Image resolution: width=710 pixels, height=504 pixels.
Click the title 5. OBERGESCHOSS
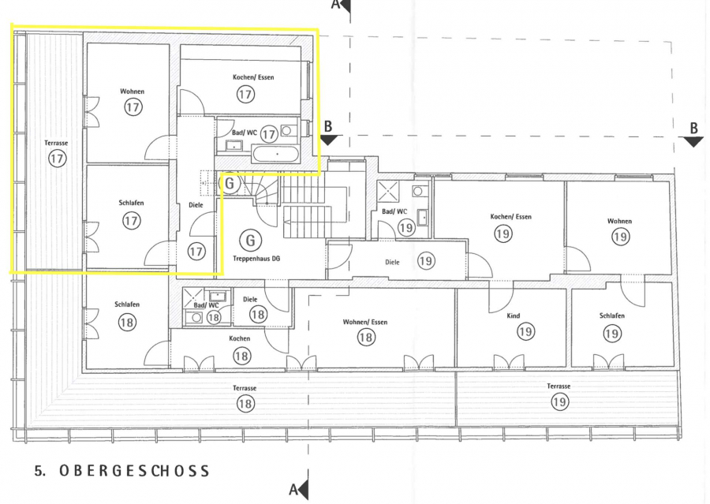(x=121, y=471)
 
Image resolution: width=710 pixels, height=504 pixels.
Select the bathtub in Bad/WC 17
(x=276, y=155)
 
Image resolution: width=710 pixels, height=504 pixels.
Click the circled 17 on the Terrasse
(x=57, y=159)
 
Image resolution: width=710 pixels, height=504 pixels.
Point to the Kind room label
(x=513, y=315)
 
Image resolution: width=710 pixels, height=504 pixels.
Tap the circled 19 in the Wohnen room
(x=620, y=237)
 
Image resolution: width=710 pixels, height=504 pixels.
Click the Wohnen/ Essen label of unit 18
(x=365, y=323)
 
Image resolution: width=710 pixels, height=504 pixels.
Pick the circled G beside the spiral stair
(x=230, y=184)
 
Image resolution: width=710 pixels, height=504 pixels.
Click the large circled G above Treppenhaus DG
(x=250, y=240)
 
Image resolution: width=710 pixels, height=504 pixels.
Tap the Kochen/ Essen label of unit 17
(x=253, y=77)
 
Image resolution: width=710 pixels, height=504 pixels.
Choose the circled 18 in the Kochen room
(x=242, y=356)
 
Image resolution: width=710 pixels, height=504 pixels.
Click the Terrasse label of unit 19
(x=559, y=386)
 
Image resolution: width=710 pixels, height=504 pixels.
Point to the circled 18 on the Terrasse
(x=245, y=404)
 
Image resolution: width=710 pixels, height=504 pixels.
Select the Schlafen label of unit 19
(x=611, y=315)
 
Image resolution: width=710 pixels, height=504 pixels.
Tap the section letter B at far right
(x=693, y=128)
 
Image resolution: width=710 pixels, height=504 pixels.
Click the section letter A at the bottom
(x=293, y=490)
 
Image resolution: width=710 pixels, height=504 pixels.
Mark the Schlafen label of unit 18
(x=127, y=304)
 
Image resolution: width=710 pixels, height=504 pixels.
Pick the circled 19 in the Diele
(x=425, y=261)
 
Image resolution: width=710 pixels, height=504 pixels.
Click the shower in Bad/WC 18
(x=193, y=298)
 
